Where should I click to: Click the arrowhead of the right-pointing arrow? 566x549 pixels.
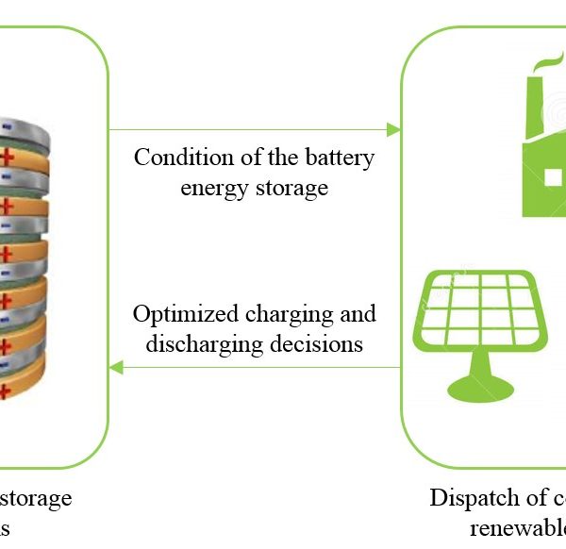coord(394,129)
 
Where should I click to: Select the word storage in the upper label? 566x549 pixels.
coord(291,188)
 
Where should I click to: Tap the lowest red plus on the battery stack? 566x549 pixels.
coord(7,391)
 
